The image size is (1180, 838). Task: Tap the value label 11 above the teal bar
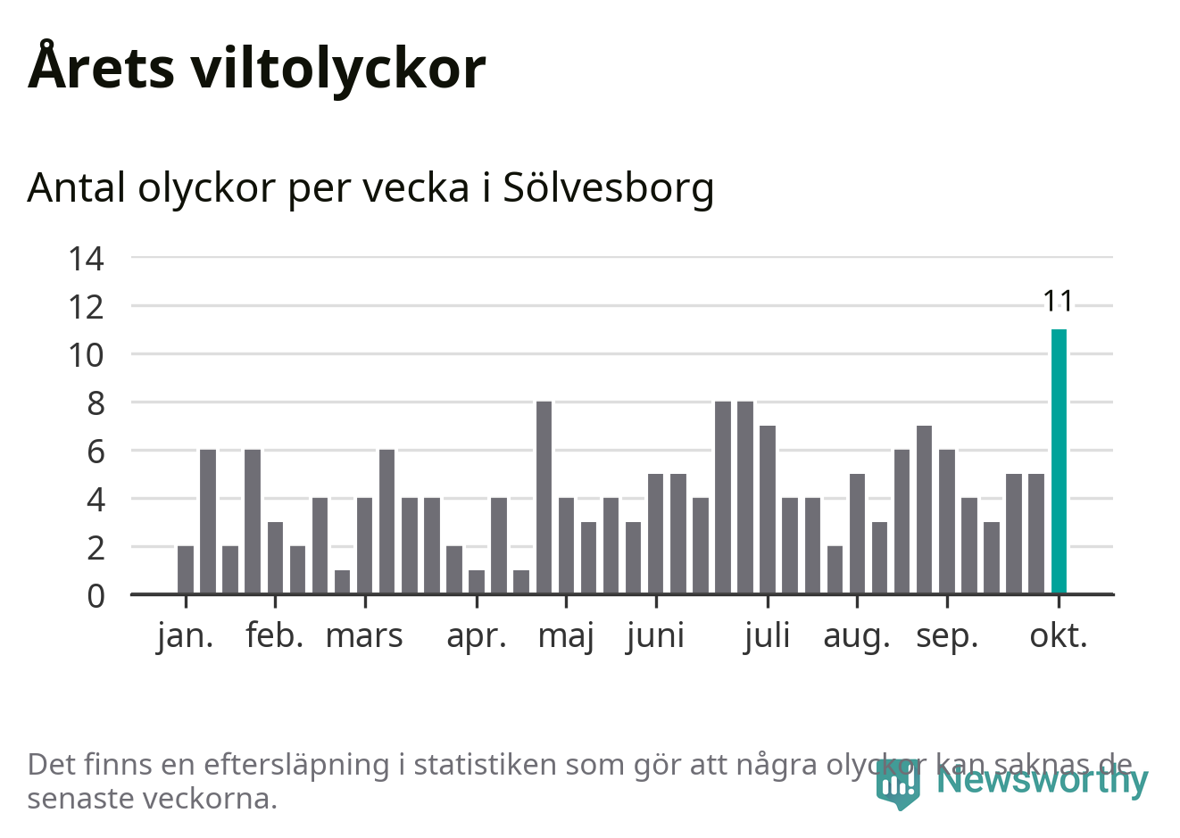pos(1059,302)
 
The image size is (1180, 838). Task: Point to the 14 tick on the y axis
pos(87,259)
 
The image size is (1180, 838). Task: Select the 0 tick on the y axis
pos(96,595)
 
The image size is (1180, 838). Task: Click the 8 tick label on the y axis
pos(96,403)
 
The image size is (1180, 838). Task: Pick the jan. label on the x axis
pos(186,636)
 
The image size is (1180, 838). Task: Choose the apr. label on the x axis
pos(477,636)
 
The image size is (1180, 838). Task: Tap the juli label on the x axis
pos(768,636)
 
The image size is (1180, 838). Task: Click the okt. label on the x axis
pos(1059,636)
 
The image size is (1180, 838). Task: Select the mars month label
pos(364,636)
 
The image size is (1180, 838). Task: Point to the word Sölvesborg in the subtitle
pos(609,188)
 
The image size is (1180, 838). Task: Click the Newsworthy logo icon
pos(897,784)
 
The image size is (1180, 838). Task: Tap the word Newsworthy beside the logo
pos(1042,780)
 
